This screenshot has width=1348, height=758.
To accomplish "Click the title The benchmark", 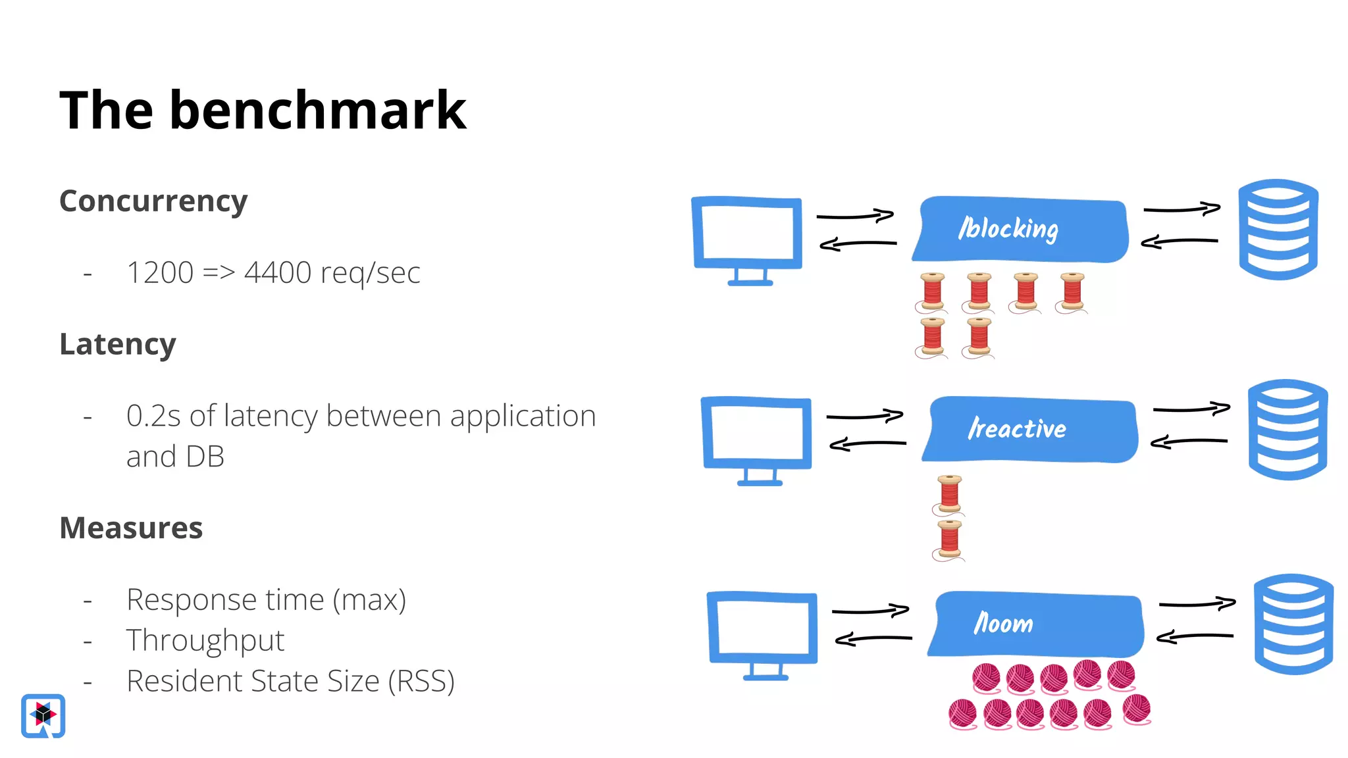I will click(x=263, y=111).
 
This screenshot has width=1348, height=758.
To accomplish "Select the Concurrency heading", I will click(x=153, y=201).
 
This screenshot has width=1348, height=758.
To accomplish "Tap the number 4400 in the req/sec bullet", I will click(x=277, y=272).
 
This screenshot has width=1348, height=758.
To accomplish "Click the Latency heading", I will click(x=118, y=344).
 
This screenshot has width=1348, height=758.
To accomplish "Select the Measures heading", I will click(x=131, y=528).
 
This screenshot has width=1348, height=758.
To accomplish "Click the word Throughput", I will click(x=205, y=640).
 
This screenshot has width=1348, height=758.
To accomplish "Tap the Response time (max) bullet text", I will click(x=266, y=599).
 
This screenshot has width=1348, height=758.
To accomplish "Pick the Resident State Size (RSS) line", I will click(x=290, y=681).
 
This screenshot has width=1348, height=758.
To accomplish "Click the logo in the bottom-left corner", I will click(x=43, y=715).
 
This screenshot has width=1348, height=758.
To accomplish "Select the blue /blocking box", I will click(x=1020, y=229).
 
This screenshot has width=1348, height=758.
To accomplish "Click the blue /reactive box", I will click(x=1030, y=429).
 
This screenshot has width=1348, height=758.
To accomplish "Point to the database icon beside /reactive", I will click(x=1287, y=429).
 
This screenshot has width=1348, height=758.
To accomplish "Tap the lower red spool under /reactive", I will click(x=949, y=540).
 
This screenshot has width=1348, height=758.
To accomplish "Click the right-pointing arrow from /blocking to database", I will click(x=1182, y=209).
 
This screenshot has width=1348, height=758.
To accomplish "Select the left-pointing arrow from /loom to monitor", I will click(x=873, y=638).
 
